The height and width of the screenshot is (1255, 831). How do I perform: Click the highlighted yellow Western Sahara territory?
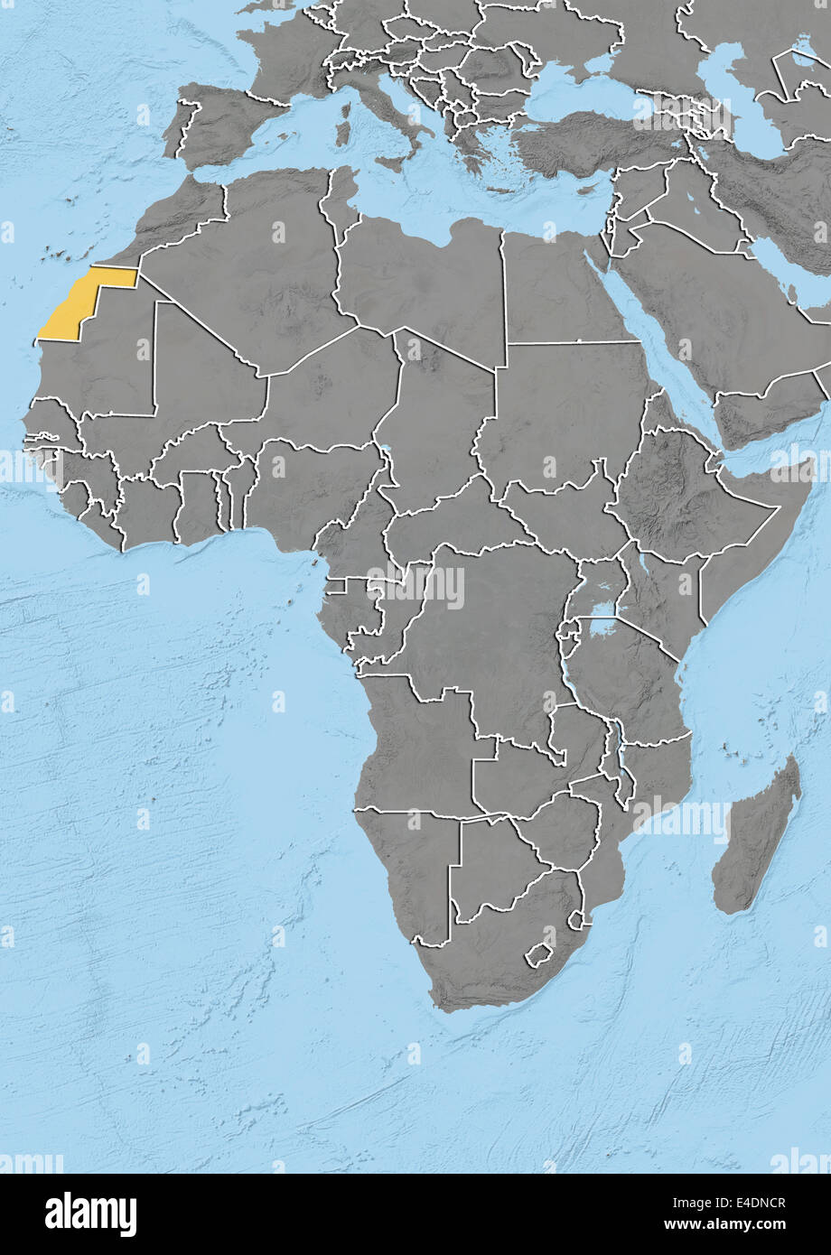point(77,302)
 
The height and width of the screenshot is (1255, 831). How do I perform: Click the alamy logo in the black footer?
point(90,1213)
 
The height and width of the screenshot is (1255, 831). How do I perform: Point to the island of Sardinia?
point(342,131)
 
